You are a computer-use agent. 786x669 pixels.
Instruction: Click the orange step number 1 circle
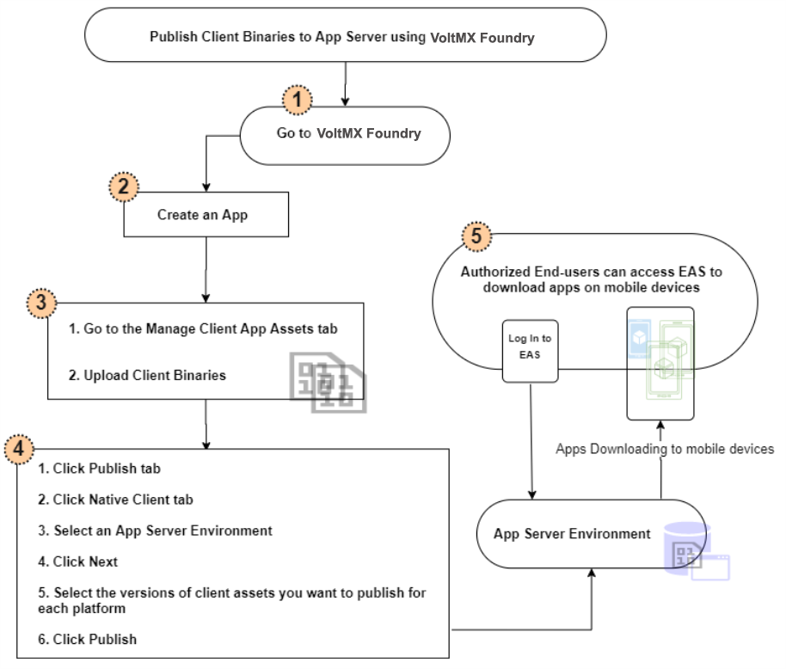pos(298,101)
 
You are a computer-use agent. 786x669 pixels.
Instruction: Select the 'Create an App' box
pos(206,215)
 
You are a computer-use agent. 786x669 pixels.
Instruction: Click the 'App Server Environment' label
pos(572,534)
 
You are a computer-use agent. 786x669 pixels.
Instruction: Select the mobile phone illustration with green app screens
pos(660,363)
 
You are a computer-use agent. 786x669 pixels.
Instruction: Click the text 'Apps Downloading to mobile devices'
pos(665,449)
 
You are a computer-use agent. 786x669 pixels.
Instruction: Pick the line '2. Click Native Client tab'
pos(116,499)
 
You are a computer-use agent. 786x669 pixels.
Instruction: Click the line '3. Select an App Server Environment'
pos(155,531)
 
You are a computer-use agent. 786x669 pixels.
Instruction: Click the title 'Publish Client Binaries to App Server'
pos(344,37)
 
